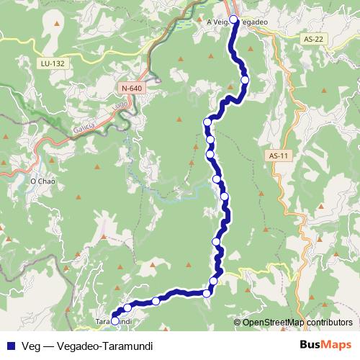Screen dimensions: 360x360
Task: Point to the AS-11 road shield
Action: pyautogui.click(x=278, y=156)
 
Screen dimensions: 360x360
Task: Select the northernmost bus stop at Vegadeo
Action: pyautogui.click(x=233, y=19)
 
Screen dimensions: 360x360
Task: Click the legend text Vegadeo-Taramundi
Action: pyautogui.click(x=105, y=345)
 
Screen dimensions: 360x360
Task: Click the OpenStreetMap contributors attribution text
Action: pyautogui.click(x=298, y=322)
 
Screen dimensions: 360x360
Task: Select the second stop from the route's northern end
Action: pyautogui.click(x=245, y=79)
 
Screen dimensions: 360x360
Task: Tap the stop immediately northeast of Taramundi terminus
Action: pyautogui.click(x=127, y=308)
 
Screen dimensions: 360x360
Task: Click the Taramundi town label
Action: pyautogui.click(x=112, y=320)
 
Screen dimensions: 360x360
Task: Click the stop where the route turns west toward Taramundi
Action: pyautogui.click(x=207, y=292)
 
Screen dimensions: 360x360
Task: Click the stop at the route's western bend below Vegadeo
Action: pyautogui.click(x=207, y=122)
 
